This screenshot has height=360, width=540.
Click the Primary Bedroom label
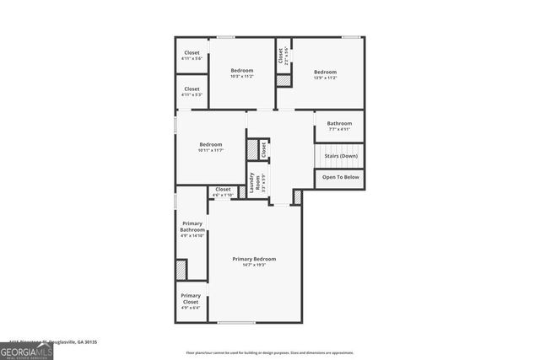point(254,259)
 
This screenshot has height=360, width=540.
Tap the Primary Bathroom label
point(192,226)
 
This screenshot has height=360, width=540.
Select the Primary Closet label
point(191,298)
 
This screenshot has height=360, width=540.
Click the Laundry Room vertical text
point(251,183)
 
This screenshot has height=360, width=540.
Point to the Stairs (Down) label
point(340,156)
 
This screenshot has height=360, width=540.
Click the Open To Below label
point(340,177)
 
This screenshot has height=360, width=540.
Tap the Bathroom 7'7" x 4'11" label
point(339,126)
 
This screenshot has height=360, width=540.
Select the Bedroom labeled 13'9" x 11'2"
point(326,73)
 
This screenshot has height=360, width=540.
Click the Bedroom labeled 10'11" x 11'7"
point(210,147)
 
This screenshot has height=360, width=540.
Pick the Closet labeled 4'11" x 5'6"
point(192,55)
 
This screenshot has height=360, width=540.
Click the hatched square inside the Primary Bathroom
point(181,270)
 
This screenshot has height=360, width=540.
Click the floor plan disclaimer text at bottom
point(270,353)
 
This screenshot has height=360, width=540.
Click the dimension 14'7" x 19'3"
point(254,265)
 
